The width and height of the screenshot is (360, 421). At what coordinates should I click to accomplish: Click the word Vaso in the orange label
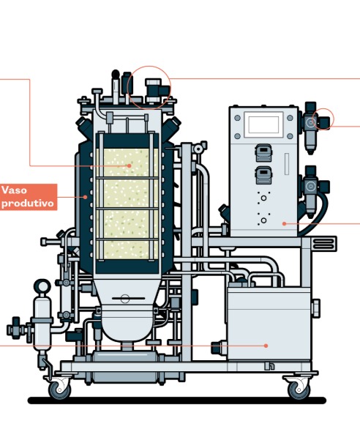(14, 190)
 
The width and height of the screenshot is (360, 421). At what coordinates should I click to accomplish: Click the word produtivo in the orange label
(28, 203)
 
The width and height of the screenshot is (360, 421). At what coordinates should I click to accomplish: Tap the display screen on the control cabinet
(263, 125)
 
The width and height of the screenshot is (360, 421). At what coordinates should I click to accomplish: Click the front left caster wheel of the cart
(59, 390)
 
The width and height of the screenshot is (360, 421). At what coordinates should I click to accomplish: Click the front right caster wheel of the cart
(299, 389)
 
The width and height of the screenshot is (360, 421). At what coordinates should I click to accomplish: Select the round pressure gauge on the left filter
(42, 286)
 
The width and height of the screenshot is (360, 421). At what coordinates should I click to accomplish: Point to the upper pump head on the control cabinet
(263, 152)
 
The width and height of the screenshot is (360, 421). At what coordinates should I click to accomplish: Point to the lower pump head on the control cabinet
(263, 175)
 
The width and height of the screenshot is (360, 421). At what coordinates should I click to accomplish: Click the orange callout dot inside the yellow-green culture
(129, 165)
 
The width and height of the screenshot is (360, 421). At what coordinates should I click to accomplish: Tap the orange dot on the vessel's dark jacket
(85, 197)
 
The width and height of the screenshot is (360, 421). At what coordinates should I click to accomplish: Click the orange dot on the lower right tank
(266, 346)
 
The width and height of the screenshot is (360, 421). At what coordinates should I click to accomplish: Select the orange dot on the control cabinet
(285, 223)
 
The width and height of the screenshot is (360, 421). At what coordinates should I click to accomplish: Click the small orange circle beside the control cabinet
(323, 119)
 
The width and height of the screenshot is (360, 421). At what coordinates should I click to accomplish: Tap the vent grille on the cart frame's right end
(325, 244)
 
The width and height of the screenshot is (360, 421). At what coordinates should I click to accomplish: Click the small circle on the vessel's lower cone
(125, 298)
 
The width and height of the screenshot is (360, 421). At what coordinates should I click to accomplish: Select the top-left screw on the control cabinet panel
(237, 118)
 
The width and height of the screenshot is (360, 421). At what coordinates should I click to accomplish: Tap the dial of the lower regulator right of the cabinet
(311, 186)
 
